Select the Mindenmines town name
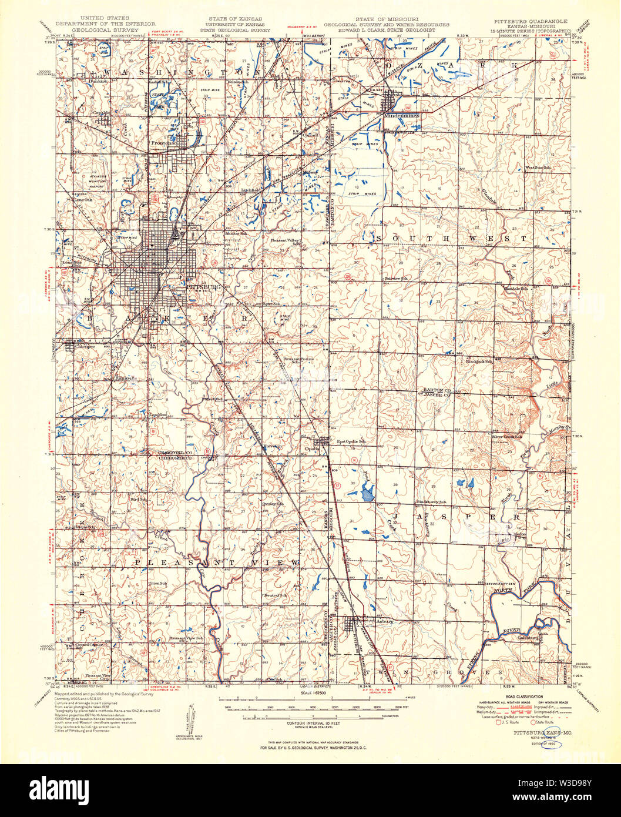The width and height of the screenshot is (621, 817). (x=402, y=116)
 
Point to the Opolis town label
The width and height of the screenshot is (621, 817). (x=311, y=448)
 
